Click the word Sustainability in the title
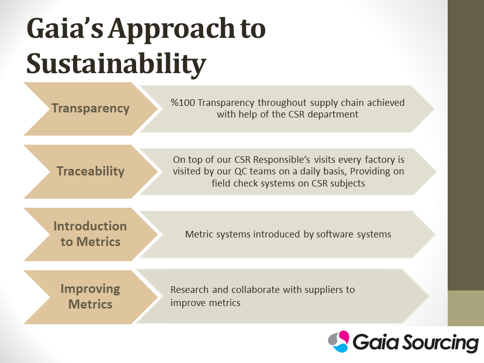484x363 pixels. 116,64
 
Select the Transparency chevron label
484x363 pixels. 90,108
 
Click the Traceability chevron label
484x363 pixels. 90,171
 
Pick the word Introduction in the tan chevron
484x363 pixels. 90,226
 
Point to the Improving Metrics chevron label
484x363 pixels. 90,296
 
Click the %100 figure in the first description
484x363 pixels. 183,102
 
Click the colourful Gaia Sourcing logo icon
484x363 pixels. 339,341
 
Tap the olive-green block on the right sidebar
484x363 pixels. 466,308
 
